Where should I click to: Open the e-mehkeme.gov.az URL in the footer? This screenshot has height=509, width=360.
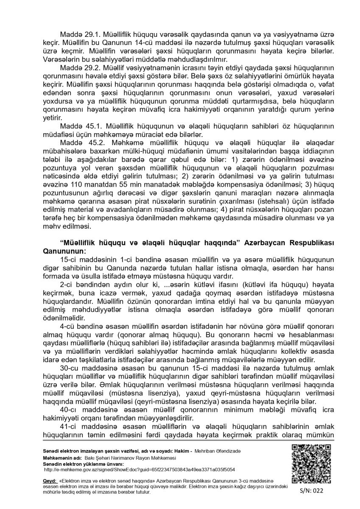pyautogui.click(x=140, y=470)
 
